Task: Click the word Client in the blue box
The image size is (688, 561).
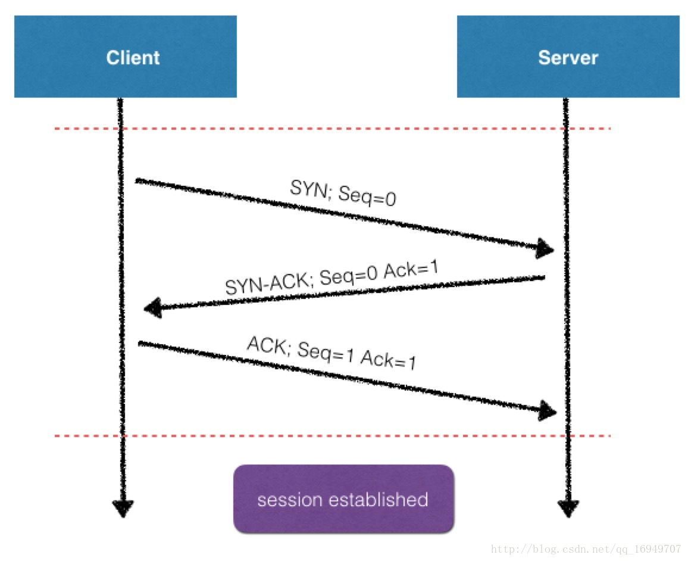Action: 133,58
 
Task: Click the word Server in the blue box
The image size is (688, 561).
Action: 568,58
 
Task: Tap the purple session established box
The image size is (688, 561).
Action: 343,499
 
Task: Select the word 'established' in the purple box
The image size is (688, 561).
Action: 379,500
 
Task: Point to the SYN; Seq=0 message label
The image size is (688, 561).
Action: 343,193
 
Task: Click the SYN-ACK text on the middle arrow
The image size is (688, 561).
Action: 268,283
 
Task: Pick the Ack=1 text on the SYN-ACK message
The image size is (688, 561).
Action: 411,269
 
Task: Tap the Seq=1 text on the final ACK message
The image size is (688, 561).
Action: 326,353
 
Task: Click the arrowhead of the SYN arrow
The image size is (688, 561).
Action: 545,249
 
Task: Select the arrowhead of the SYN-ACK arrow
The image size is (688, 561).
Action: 153,308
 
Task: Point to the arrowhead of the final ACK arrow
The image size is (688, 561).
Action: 548,411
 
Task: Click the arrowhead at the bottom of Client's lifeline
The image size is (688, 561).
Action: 123,509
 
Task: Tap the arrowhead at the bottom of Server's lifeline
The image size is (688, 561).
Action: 568,509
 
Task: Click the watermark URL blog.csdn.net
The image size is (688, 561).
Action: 586,549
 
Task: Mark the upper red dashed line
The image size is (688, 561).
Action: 333,129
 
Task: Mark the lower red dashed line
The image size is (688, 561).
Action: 333,436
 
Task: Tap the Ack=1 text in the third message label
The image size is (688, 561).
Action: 388,360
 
